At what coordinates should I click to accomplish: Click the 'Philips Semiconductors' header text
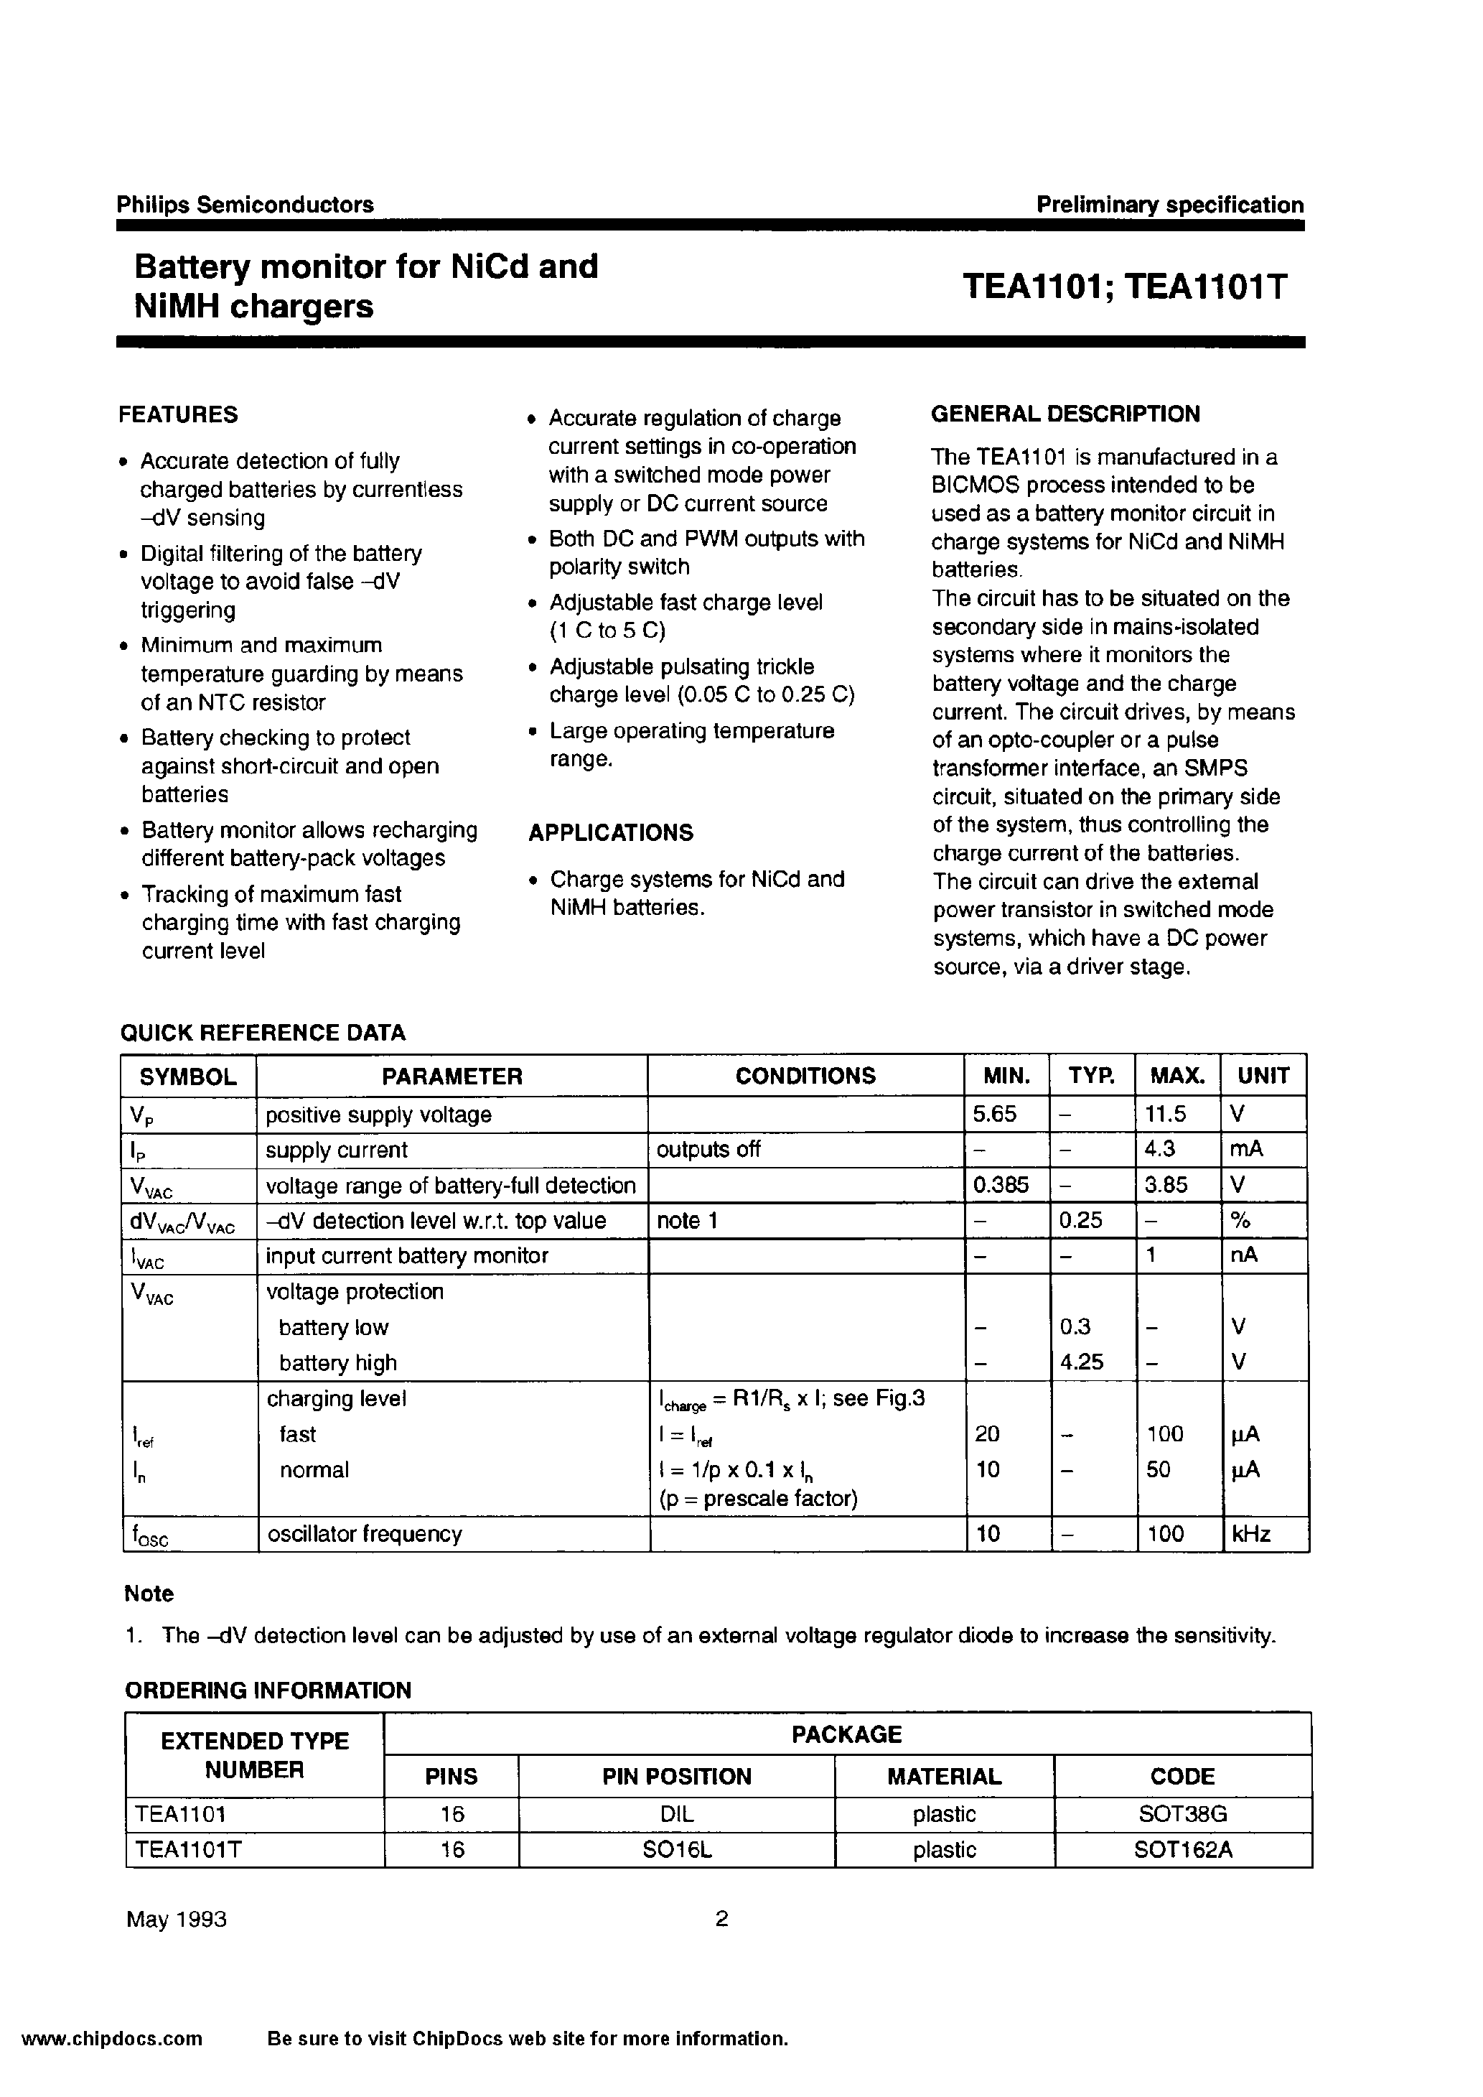click(245, 205)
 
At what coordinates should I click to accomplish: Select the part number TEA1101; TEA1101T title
click(1123, 287)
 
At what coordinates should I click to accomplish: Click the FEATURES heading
click(178, 414)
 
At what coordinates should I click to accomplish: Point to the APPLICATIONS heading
click(610, 832)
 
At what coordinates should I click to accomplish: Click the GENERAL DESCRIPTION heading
click(1065, 414)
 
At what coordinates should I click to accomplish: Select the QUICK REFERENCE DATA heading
click(263, 1032)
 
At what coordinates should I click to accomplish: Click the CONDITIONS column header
click(805, 1076)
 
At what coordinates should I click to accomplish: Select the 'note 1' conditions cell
click(687, 1220)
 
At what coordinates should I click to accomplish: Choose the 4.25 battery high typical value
click(1082, 1362)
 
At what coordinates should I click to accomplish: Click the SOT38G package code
click(1182, 1814)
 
